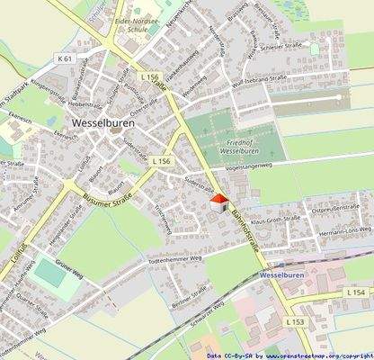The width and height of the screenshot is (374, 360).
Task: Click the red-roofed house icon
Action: coord(217,204)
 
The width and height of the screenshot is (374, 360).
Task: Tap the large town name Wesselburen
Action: coord(106,127)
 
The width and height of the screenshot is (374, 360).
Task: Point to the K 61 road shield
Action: coord(64,58)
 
